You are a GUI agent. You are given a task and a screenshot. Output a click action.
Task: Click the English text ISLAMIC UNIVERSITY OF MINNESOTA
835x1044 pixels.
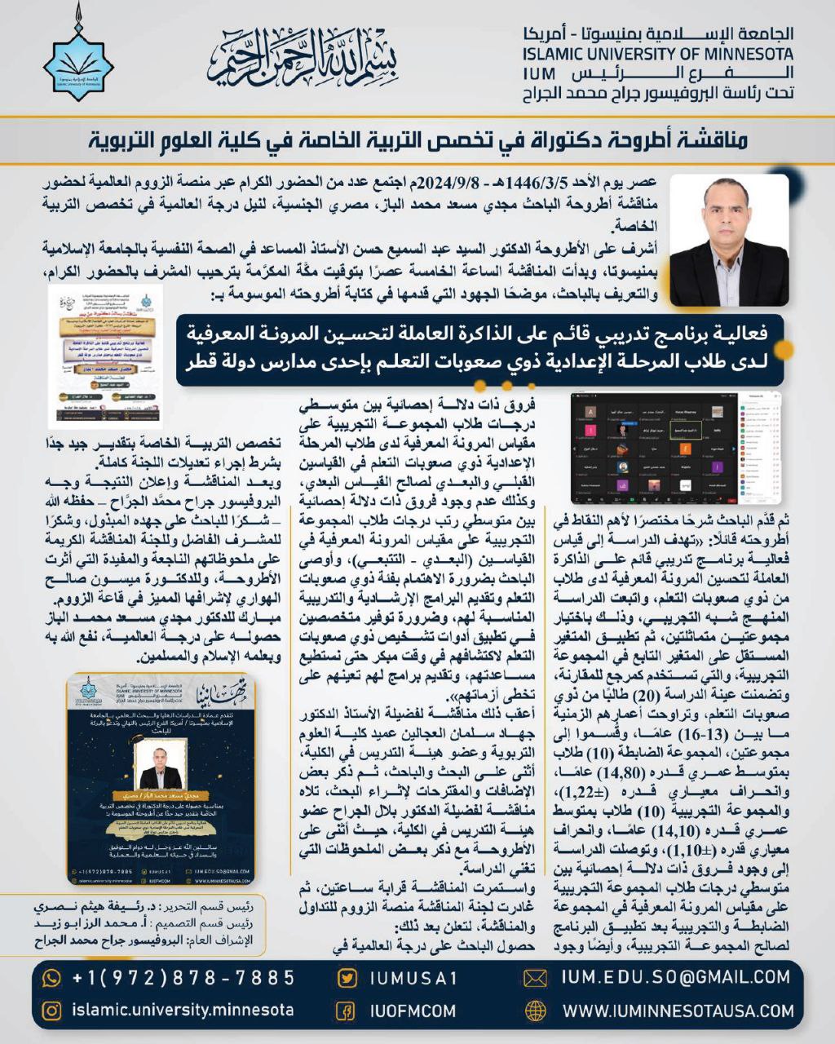[x=657, y=55]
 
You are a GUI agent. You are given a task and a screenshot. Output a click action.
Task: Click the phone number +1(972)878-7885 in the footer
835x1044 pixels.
[x=183, y=977]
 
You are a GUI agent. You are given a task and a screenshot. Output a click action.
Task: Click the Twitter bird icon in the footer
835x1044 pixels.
[x=347, y=978]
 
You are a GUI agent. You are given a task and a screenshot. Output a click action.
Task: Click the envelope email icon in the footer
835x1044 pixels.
[x=535, y=978]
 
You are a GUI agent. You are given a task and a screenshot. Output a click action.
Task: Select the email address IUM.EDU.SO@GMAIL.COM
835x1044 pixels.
[x=676, y=977]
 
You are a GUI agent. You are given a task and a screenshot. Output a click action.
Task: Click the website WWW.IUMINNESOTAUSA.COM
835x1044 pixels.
[x=676, y=1011]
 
